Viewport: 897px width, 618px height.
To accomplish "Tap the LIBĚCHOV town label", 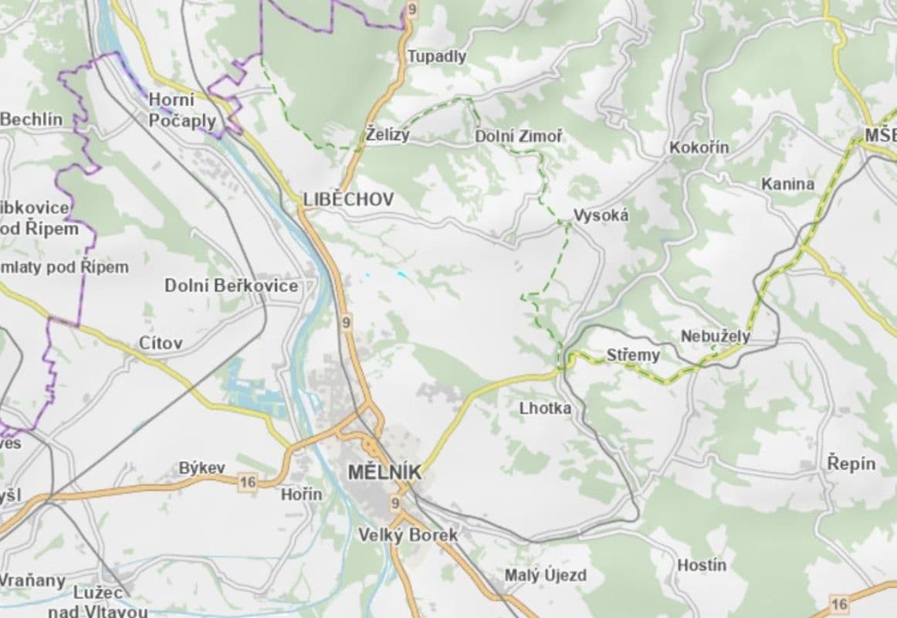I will click(x=348, y=199).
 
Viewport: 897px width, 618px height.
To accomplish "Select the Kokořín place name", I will click(x=699, y=147).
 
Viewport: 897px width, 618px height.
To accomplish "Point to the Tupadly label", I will click(x=436, y=56).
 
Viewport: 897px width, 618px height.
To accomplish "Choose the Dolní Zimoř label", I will click(x=518, y=137).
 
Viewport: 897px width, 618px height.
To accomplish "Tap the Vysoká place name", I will click(x=601, y=216).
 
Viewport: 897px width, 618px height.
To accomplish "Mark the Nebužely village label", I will click(x=715, y=337).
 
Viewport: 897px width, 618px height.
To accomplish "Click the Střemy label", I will click(x=633, y=355).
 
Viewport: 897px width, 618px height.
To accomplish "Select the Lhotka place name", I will click(x=546, y=407).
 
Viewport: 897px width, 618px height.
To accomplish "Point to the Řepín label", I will click(x=851, y=463).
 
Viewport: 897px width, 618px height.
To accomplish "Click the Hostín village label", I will click(x=701, y=565).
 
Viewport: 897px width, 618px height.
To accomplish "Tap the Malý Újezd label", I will click(x=545, y=576).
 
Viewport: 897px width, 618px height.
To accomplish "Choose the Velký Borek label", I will click(x=408, y=535).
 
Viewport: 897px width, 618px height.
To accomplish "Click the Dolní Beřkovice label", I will click(x=231, y=286).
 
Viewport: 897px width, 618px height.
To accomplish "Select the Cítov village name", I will click(x=161, y=343).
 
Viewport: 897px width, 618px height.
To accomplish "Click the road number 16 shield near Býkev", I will click(x=247, y=482).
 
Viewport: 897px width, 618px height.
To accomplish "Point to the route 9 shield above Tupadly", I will click(x=412, y=9).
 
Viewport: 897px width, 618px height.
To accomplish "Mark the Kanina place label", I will click(x=787, y=184).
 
